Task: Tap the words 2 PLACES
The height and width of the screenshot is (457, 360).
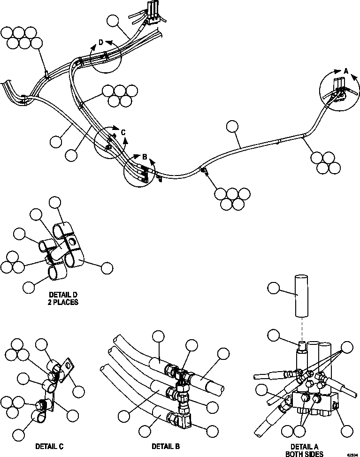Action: [x=62, y=303]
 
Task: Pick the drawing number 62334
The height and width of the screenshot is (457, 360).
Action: [x=352, y=455]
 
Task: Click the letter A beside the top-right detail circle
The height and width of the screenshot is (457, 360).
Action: [x=346, y=70]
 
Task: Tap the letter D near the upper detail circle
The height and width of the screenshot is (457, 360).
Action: [x=100, y=43]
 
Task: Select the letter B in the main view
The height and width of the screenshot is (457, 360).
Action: [x=145, y=156]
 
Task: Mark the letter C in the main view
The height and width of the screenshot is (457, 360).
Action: [x=123, y=133]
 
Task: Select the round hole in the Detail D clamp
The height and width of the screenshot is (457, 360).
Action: [x=71, y=242]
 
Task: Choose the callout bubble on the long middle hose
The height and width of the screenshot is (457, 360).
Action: [x=232, y=127]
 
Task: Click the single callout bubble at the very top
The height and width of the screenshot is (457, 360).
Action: [x=113, y=21]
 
